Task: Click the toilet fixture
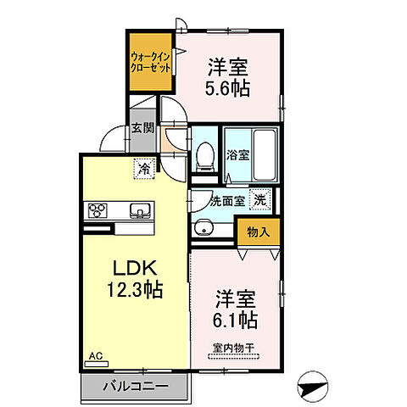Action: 205,157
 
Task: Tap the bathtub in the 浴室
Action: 265,155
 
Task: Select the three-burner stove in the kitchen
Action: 98,210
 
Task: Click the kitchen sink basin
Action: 139,210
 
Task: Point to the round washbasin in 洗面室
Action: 203,227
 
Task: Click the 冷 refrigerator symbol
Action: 144,169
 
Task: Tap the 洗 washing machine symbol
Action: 260,200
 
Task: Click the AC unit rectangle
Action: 97,365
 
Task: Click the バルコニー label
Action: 136,386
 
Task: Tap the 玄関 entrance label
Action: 143,128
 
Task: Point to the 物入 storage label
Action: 259,232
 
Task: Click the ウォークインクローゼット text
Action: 150,63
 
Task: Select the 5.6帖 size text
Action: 227,89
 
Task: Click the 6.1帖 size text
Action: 235,321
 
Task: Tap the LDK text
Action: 135,268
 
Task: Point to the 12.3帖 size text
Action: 135,290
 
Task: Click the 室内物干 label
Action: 233,348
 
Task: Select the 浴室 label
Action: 238,155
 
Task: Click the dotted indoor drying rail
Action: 233,357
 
